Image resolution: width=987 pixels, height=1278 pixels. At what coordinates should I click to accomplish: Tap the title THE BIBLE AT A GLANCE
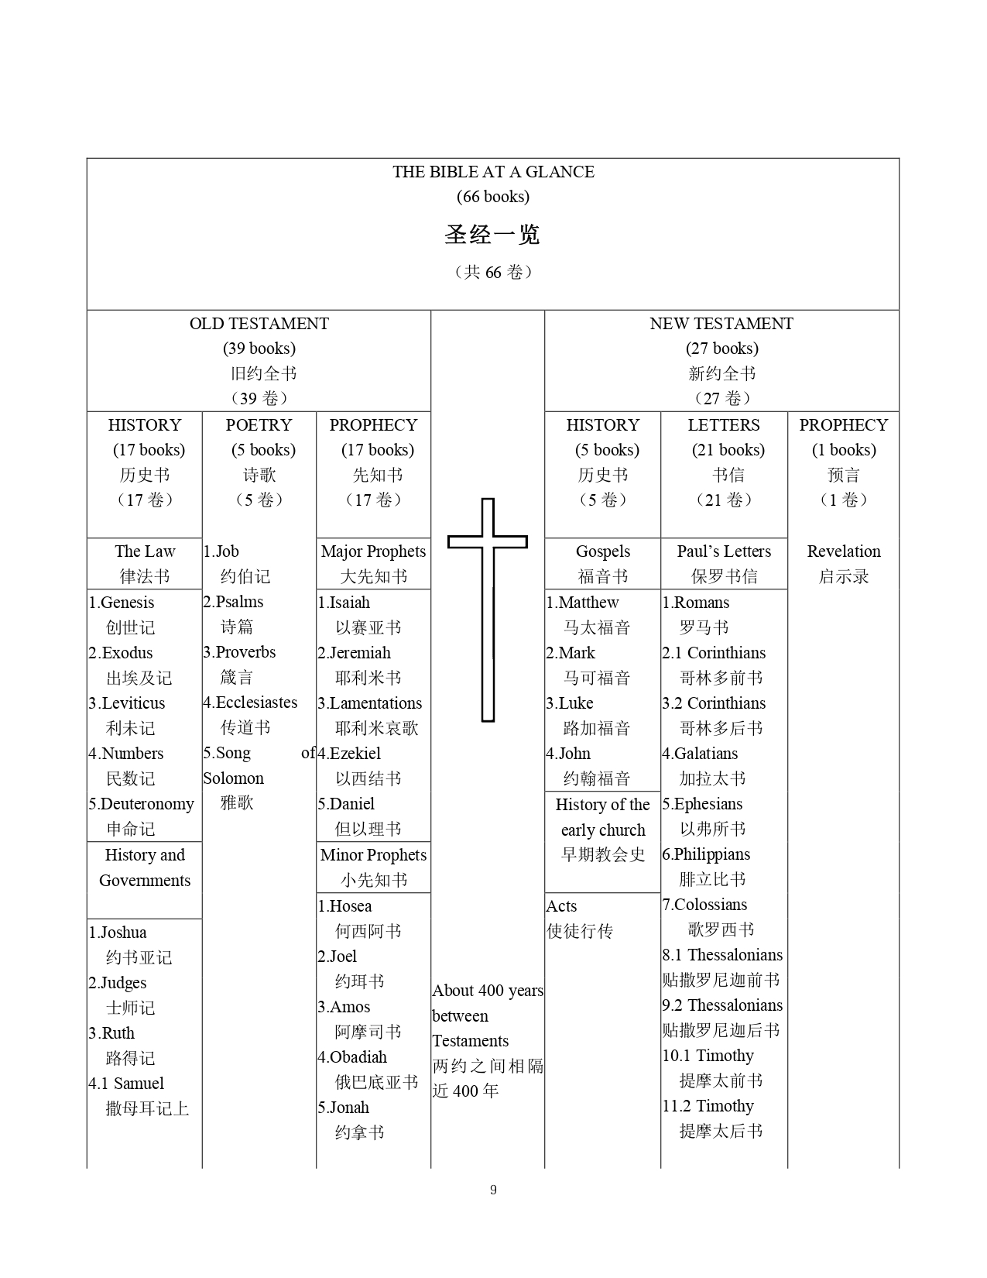point(493,172)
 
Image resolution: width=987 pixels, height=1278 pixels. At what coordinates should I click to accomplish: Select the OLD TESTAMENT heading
point(259,324)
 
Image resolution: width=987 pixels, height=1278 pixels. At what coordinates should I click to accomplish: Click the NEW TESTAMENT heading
point(721,324)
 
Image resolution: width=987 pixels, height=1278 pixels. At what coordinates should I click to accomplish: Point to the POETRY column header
point(259,425)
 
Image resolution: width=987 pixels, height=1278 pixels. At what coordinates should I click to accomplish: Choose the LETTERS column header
point(724,425)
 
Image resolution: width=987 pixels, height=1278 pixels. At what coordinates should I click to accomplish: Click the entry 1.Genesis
point(122,603)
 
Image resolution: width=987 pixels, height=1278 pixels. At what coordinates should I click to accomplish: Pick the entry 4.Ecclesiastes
point(250,703)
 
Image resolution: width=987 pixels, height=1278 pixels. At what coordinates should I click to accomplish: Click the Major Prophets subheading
point(373,551)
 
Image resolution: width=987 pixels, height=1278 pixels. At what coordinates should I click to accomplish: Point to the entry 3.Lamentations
point(370,703)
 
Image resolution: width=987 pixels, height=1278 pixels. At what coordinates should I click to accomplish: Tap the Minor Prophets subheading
point(373,855)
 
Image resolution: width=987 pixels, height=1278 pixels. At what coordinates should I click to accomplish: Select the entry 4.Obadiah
point(352,1057)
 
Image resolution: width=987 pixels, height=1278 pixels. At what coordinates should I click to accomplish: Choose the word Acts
point(562,906)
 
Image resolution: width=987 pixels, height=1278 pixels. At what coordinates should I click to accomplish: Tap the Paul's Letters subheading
point(724,551)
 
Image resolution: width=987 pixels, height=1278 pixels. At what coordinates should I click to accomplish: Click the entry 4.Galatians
point(700,754)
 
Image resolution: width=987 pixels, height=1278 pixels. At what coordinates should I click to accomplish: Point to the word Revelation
point(843,551)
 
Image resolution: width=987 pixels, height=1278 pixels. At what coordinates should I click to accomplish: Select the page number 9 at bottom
point(493,1190)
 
